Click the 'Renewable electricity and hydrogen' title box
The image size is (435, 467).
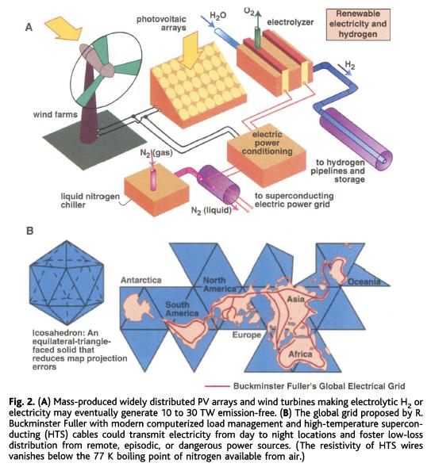point(358,24)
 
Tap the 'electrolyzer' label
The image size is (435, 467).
point(290,22)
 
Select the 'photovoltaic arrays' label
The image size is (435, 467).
point(161,24)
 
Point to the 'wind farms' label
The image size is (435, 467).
point(55,114)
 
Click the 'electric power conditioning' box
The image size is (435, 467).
point(267,155)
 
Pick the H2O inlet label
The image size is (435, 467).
point(218,16)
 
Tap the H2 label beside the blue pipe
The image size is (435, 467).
point(350,65)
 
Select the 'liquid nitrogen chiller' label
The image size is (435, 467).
point(90,201)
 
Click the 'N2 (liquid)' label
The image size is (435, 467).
point(211,210)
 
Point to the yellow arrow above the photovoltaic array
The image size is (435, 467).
point(190,49)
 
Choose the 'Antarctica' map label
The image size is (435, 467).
point(141,280)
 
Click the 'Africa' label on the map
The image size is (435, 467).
point(300,354)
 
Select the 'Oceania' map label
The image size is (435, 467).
point(364,281)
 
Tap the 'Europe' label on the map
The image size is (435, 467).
point(247,335)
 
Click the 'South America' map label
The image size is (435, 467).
point(182,309)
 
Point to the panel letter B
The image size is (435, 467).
point(30,231)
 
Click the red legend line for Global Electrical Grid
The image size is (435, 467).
point(217,386)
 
